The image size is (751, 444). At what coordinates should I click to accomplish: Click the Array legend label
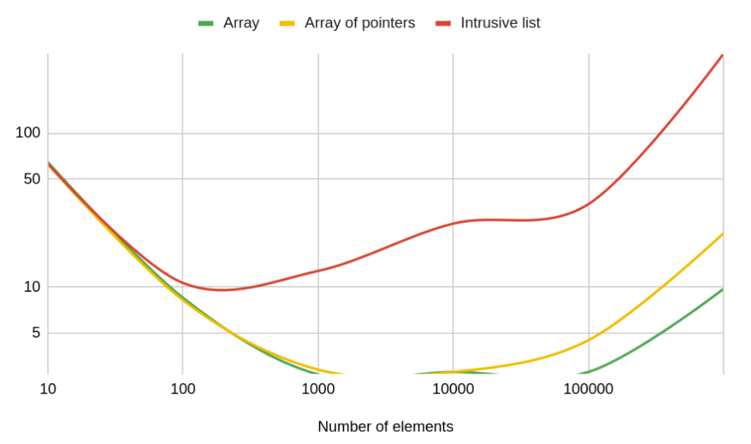coord(241,23)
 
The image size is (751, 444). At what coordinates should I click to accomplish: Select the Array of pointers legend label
coord(359,23)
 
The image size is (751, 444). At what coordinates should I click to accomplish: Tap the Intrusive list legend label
coord(500,23)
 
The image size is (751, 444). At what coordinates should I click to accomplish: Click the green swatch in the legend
coord(206,23)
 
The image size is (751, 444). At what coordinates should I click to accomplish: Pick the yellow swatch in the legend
coord(287,23)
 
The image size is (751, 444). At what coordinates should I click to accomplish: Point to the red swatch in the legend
coord(444,23)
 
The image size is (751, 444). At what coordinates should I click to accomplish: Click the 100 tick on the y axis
coord(28,133)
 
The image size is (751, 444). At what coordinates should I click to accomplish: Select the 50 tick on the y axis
coord(32,179)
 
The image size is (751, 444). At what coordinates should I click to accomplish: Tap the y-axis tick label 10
coord(32,287)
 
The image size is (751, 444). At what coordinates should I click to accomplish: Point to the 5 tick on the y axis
coord(36,333)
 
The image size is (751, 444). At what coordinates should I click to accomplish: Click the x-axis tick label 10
coord(47,389)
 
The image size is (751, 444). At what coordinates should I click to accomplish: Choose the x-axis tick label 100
coord(183,389)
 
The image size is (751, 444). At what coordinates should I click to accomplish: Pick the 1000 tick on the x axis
coord(318,389)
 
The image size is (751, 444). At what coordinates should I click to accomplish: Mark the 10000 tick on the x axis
coord(453,389)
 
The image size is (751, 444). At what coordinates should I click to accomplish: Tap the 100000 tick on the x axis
coord(588,389)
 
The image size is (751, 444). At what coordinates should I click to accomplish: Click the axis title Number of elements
coord(385,427)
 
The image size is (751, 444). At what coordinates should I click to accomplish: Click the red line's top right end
coord(723,55)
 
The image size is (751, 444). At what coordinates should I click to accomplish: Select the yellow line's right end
coord(723,233)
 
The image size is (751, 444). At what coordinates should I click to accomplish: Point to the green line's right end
coord(723,289)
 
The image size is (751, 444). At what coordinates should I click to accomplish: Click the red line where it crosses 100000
coord(588,205)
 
